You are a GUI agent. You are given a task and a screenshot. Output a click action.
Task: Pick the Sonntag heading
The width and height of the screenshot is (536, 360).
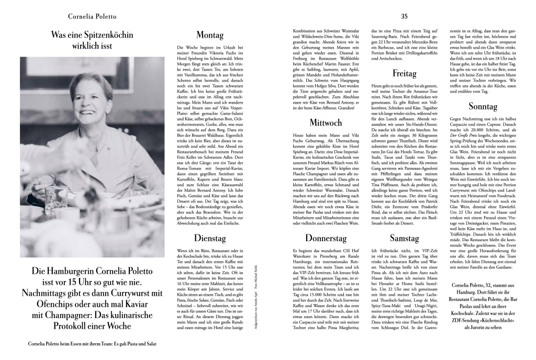point(498,107)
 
